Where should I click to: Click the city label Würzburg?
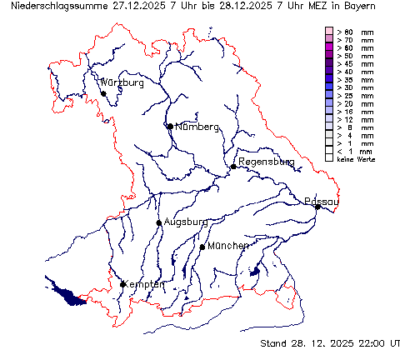(x=122, y=83)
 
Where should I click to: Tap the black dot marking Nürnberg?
(x=170, y=127)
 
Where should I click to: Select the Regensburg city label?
(x=266, y=162)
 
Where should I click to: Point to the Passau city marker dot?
(x=317, y=207)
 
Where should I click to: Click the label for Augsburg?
(x=185, y=222)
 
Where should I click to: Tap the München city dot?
(x=202, y=247)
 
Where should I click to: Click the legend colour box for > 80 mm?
(x=329, y=32)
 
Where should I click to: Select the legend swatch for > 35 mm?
(x=329, y=79)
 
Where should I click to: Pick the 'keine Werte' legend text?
(x=356, y=158)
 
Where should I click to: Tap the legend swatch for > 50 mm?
(x=329, y=55)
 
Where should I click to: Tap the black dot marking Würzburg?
(x=103, y=93)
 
